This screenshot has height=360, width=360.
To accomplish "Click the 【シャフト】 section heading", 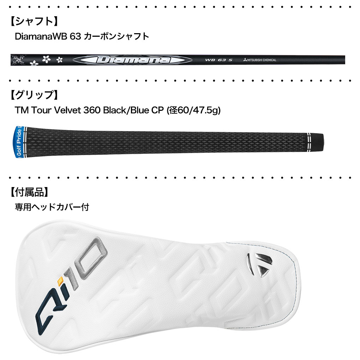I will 33,21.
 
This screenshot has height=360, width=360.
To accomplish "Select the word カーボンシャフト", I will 116,36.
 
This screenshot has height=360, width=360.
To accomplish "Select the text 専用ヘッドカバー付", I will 52,207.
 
